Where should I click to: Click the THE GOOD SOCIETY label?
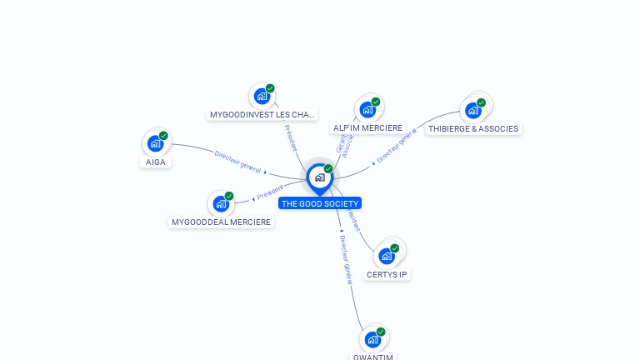pyautogui.click(x=320, y=203)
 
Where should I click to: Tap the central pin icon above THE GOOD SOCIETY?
pyautogui.click(x=319, y=177)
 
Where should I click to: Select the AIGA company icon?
pyautogui.click(x=155, y=143)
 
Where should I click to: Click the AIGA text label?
pyautogui.click(x=156, y=162)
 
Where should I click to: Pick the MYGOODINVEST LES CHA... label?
pyautogui.click(x=262, y=114)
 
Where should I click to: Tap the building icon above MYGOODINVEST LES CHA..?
pyautogui.click(x=262, y=96)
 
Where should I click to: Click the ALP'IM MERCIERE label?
pyautogui.click(x=367, y=128)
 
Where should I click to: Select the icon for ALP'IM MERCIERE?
pyautogui.click(x=367, y=109)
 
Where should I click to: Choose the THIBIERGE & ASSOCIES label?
pyautogui.click(x=473, y=128)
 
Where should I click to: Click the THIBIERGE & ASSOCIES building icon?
pyautogui.click(x=472, y=110)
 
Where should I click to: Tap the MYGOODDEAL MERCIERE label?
pyautogui.click(x=221, y=222)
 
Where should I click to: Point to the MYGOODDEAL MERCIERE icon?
pyautogui.click(x=221, y=203)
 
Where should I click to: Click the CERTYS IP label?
pyautogui.click(x=387, y=274)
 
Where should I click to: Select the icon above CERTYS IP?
pyautogui.click(x=387, y=256)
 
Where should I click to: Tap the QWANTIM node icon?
pyautogui.click(x=372, y=339)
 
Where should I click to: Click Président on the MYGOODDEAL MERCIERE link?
pyautogui.click(x=270, y=192)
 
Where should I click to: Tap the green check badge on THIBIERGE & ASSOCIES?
pyautogui.click(x=481, y=102)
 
